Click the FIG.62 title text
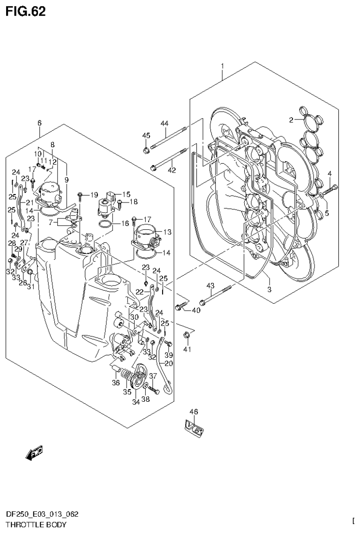click(x=26, y=12)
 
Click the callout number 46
click(x=194, y=412)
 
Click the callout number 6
click(x=39, y=123)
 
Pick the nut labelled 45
click(x=146, y=151)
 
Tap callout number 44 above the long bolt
click(x=164, y=123)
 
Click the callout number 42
click(x=172, y=170)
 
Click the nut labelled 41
click(x=187, y=335)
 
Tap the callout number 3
click(x=269, y=289)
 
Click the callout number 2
click(x=291, y=120)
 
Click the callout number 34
click(x=136, y=402)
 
